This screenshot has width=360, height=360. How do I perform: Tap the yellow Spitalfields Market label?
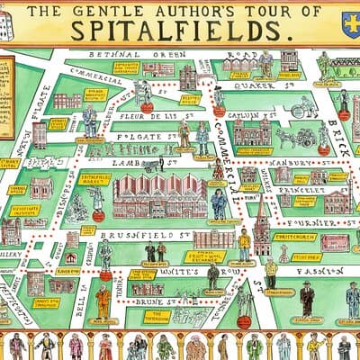[x=94, y=179]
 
